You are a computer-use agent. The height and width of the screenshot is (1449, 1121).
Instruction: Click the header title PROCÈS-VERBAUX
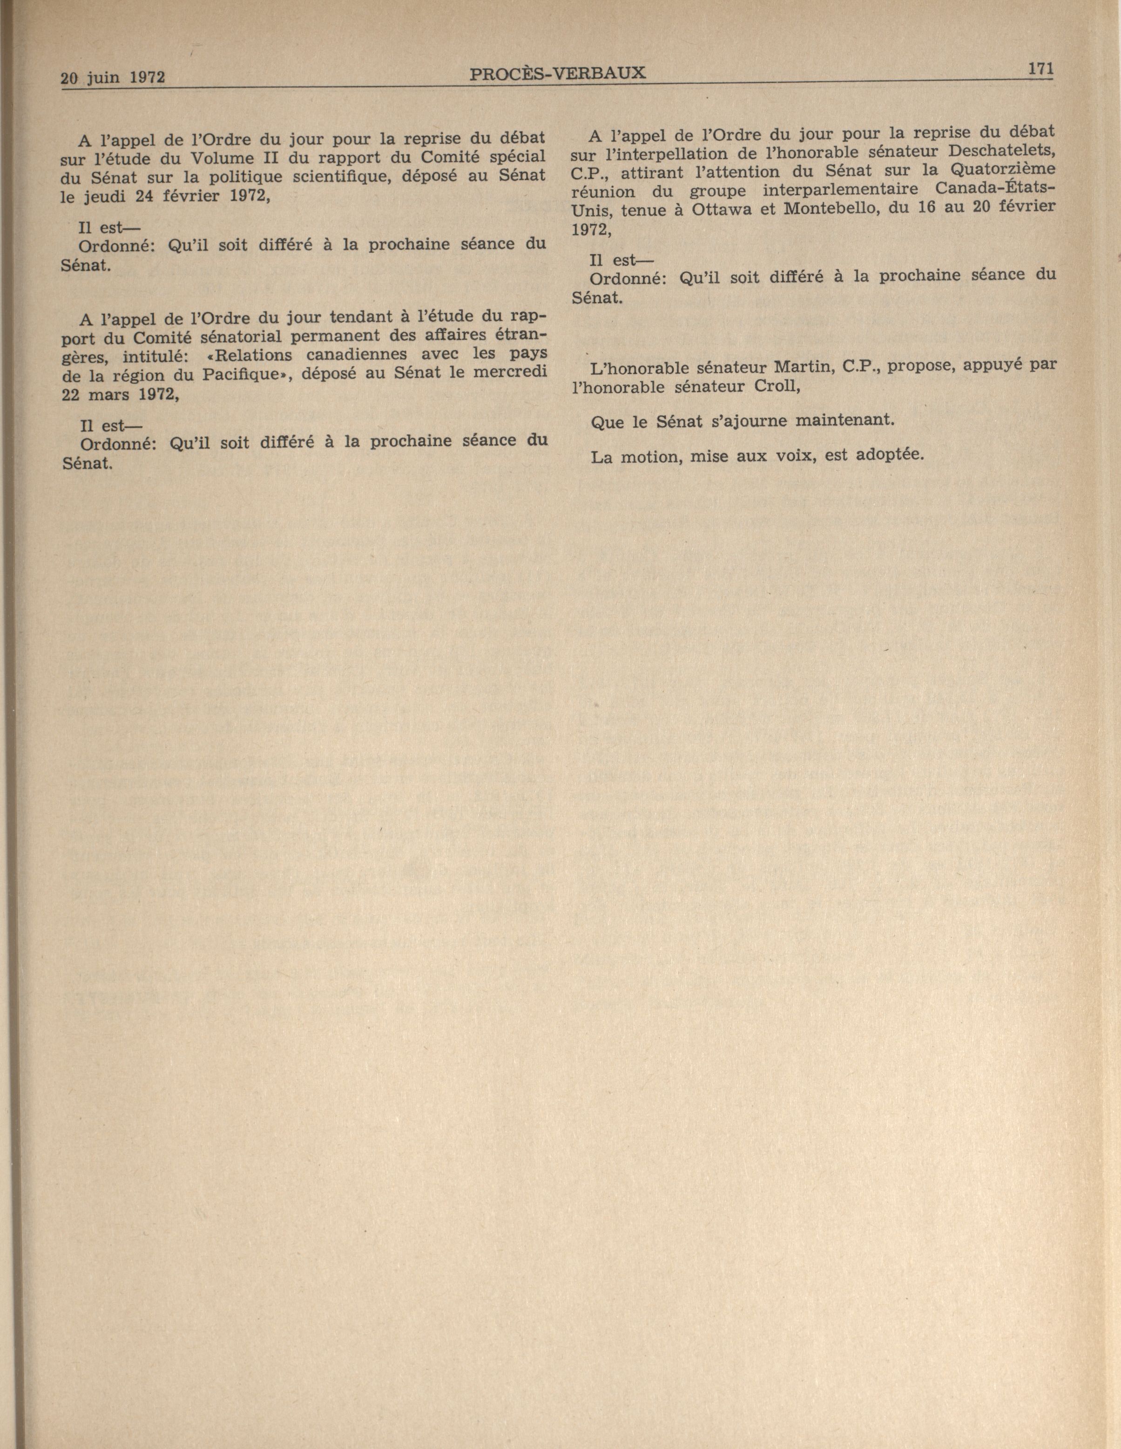coord(557,73)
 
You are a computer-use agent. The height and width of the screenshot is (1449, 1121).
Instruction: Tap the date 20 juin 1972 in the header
coord(113,78)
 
